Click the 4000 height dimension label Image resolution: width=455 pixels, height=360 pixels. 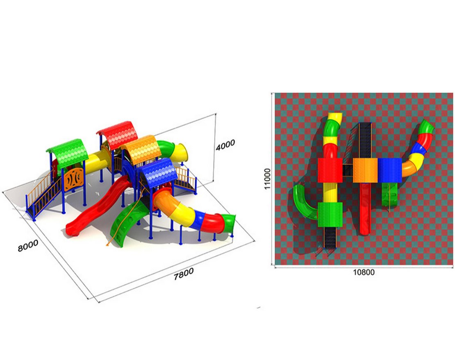225,145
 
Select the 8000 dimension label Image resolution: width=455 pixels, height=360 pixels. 28,245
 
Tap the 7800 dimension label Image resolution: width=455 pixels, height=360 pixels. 183,274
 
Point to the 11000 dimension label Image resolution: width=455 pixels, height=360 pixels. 267,179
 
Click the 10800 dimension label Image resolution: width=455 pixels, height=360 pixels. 364,272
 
